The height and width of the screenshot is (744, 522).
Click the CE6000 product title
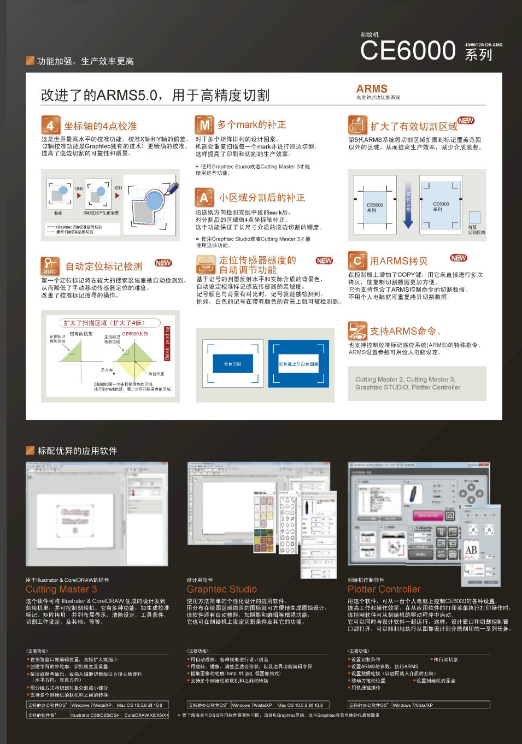tap(408, 50)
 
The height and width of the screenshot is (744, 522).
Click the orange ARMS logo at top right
tap(372, 88)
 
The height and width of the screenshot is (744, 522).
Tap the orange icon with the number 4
tap(50, 125)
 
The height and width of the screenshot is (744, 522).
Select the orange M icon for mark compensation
tap(204, 125)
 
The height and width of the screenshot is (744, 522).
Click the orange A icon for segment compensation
tap(204, 197)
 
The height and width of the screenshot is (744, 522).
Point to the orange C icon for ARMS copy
tap(357, 261)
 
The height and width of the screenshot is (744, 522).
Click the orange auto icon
tap(50, 266)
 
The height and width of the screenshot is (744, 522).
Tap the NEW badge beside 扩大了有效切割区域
tap(466, 121)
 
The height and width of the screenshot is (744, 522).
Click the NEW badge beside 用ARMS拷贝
tap(458, 258)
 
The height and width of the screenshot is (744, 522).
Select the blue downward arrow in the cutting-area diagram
tap(408, 210)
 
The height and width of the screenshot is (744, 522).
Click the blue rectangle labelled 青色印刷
tap(232, 364)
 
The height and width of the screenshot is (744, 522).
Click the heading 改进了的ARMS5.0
tap(155, 95)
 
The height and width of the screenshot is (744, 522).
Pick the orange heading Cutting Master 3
tap(61, 589)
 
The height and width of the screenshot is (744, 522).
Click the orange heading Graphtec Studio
tap(221, 589)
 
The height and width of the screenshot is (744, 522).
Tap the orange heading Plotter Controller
tap(384, 589)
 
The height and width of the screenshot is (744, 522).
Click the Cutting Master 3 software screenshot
tap(97, 514)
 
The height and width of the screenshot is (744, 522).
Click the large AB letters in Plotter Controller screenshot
tap(471, 550)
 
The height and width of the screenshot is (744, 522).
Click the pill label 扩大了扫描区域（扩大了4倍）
tap(104, 323)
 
